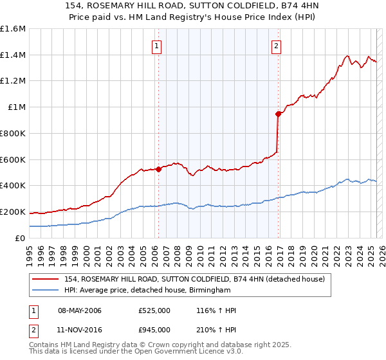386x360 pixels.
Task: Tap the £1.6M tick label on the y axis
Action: (x=13, y=29)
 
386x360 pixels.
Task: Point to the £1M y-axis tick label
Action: (x=16, y=107)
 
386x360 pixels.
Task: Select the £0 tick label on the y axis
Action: (x=21, y=238)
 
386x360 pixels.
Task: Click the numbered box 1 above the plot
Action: (x=158, y=46)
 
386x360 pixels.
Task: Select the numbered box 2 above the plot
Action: (x=276, y=46)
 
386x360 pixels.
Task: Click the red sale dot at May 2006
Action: (x=158, y=170)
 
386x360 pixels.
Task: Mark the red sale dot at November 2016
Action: (x=279, y=114)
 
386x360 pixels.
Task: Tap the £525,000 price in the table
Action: (x=154, y=310)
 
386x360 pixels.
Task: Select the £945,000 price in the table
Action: (x=154, y=329)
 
